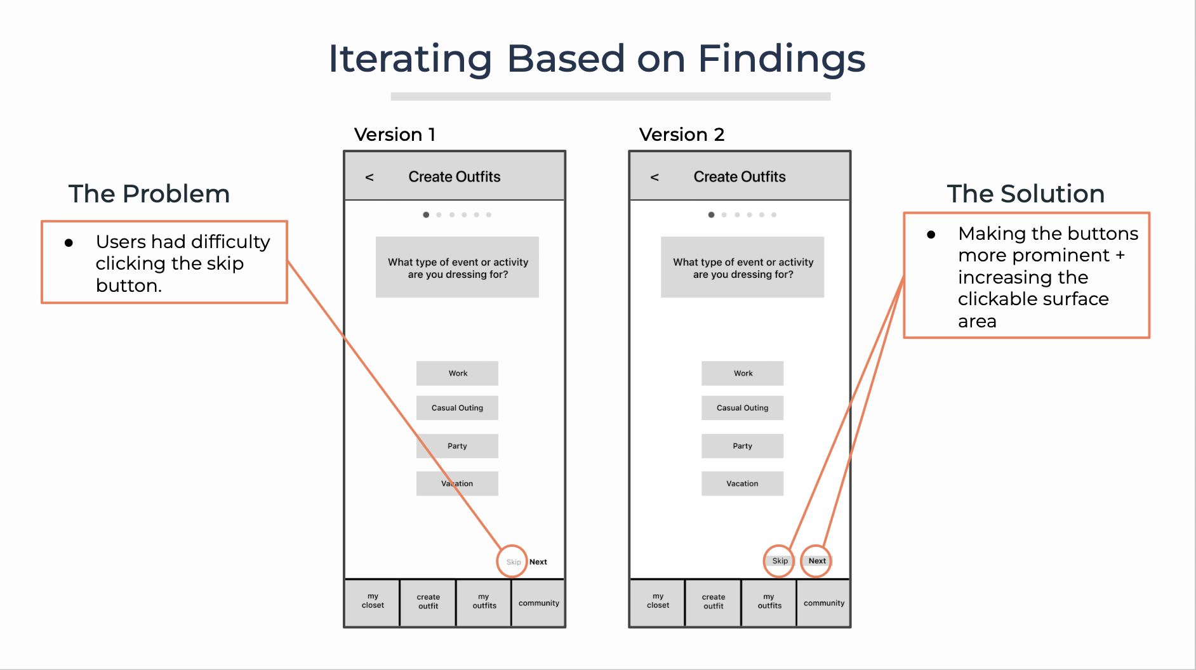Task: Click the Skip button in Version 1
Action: click(513, 562)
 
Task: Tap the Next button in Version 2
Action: click(817, 561)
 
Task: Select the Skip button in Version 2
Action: click(780, 561)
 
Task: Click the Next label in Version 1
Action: click(538, 562)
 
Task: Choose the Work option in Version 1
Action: click(457, 374)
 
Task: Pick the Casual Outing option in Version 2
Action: click(742, 408)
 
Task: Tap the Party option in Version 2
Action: click(742, 446)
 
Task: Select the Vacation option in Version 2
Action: click(742, 483)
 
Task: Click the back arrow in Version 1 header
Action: click(369, 178)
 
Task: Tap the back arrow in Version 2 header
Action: click(654, 178)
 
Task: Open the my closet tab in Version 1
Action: click(373, 601)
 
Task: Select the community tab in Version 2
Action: click(824, 603)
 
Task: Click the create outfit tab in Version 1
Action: click(428, 601)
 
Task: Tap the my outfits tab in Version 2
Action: click(769, 601)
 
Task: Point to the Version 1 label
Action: click(395, 135)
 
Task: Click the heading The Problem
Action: click(149, 194)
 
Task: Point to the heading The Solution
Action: click(1026, 194)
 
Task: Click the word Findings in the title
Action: click(781, 59)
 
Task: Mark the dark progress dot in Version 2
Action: click(712, 215)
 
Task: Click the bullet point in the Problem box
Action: click(69, 243)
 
